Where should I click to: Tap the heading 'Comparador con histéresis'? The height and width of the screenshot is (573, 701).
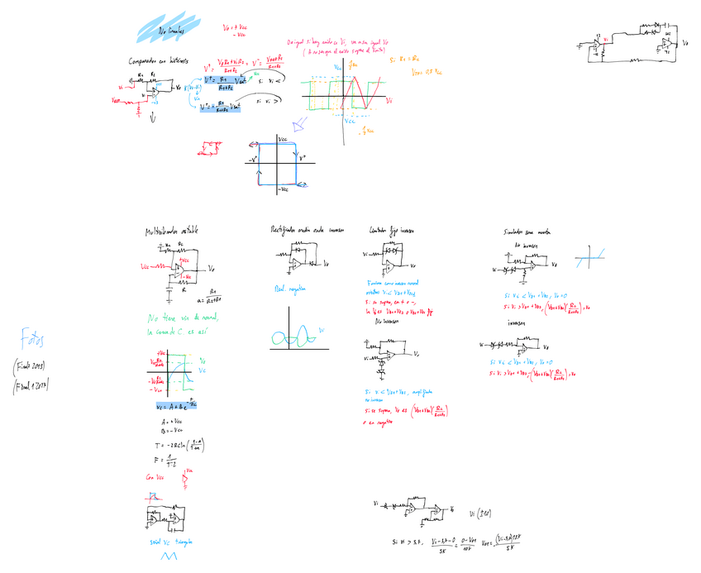pyautogui.click(x=159, y=61)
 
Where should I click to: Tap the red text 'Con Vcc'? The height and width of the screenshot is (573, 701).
pyautogui.click(x=155, y=477)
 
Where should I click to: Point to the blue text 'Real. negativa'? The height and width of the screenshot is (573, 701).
pyautogui.click(x=289, y=289)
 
